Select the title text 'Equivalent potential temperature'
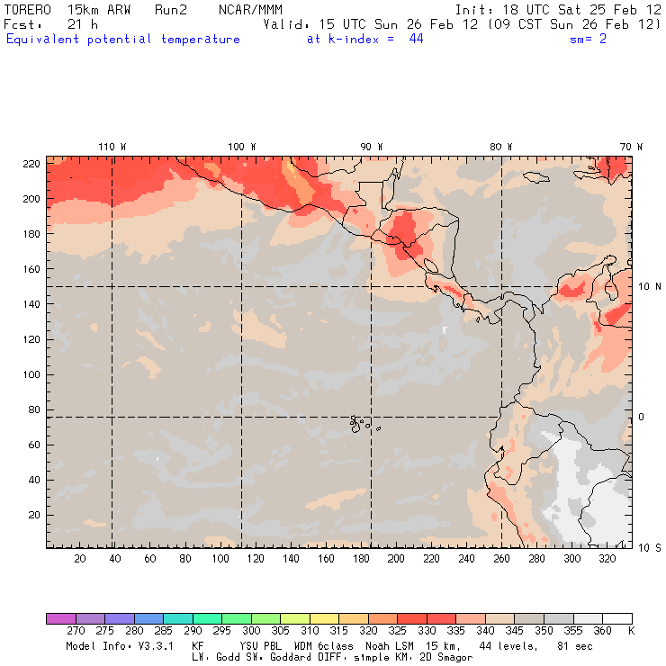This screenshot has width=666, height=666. coord(123,40)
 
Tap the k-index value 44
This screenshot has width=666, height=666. coord(416,40)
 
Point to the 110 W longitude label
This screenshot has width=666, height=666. coord(112,147)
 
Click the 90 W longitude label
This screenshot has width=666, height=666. coord(372,147)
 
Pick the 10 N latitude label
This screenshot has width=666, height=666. coord(650,287)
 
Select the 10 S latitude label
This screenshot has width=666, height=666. coord(650,547)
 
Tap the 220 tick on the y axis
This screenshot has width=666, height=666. coord(31,163)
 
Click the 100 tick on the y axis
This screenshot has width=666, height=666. coord(31,374)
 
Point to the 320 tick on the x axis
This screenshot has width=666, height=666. coord(607,559)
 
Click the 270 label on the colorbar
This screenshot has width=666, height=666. coord(75,632)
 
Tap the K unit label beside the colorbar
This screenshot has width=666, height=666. coord(631,632)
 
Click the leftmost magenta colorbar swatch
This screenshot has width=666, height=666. coord(60,618)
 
